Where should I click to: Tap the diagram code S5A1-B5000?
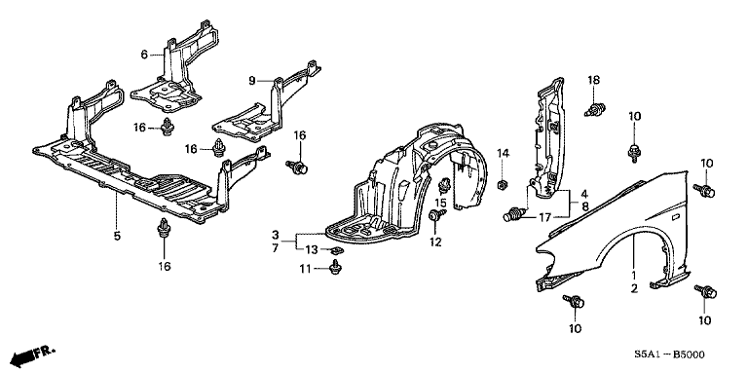(668, 354)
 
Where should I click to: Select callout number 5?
(117, 235)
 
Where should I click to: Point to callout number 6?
(144, 55)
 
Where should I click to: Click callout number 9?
(252, 81)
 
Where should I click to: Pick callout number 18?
(593, 80)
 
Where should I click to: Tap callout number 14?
(504, 153)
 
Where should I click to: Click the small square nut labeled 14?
(503, 184)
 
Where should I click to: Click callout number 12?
(435, 242)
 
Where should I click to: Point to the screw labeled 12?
(436, 215)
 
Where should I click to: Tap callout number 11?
(305, 270)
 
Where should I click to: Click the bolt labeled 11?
(336, 269)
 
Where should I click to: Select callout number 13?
(312, 249)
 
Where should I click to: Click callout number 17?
(544, 217)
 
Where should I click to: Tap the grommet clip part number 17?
(514, 214)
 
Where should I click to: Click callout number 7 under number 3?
(275, 248)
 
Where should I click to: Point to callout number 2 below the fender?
(634, 287)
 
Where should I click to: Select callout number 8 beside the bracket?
(584, 206)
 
